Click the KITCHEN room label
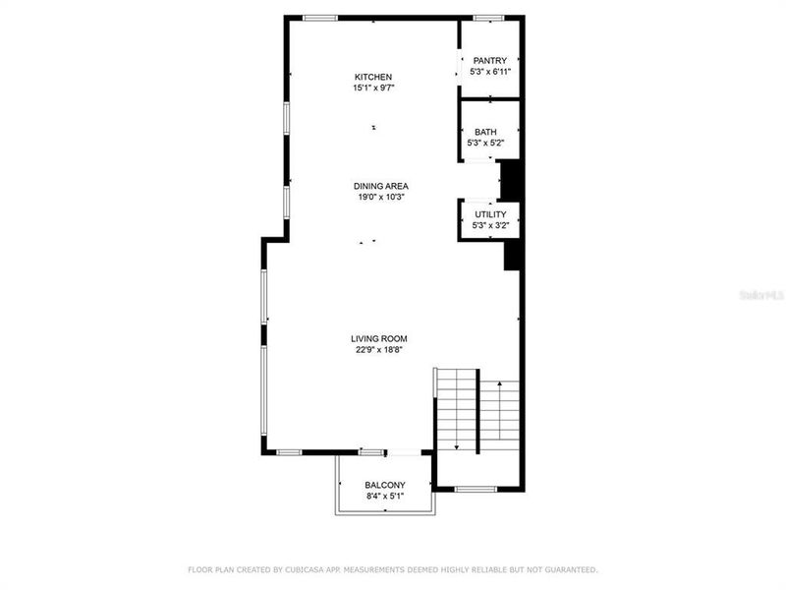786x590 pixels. (373, 77)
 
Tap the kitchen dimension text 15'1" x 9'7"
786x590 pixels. (373, 88)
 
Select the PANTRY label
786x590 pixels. (490, 61)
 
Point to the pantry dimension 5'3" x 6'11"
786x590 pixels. (490, 72)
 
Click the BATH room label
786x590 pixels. (485, 132)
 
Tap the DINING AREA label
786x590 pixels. (381, 186)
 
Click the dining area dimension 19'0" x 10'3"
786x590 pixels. (381, 197)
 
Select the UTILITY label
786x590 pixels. (490, 214)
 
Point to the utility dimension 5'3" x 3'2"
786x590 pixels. (490, 226)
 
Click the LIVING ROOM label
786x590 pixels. (379, 339)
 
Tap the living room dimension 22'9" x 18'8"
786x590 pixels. (379, 350)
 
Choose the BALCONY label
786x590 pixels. (385, 485)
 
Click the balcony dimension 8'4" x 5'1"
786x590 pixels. (385, 497)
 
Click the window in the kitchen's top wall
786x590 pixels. (320, 18)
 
